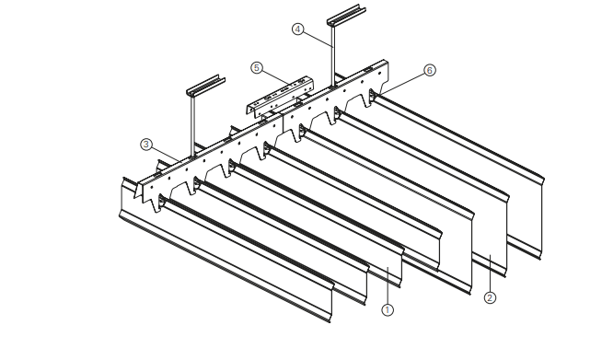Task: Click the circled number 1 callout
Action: click(388, 309)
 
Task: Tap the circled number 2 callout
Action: click(490, 296)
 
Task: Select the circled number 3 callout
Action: click(145, 144)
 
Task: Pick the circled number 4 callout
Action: click(297, 29)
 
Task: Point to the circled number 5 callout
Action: click(257, 67)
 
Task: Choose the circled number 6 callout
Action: click(429, 70)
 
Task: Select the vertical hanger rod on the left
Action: click(194, 124)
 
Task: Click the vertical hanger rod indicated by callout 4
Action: click(330, 55)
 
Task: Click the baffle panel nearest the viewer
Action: click(230, 267)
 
